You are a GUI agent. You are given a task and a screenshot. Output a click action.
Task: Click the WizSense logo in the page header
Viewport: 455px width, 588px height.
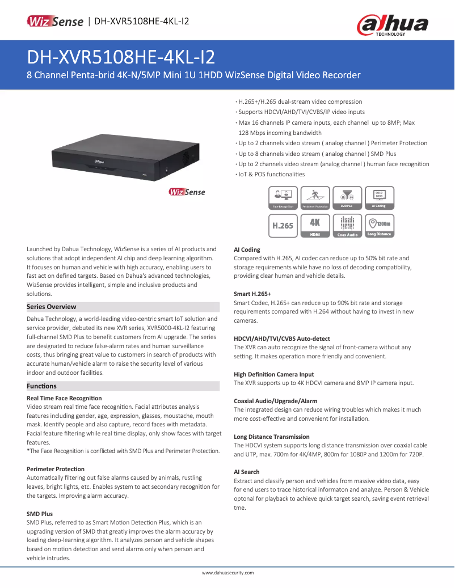[x=55, y=22]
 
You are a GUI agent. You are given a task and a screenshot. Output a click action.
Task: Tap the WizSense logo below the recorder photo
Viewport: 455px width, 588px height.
[x=187, y=192]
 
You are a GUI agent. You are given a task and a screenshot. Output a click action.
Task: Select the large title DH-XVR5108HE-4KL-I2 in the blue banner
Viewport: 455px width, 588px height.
[x=121, y=58]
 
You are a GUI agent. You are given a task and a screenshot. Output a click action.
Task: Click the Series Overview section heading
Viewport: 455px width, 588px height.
[x=52, y=307]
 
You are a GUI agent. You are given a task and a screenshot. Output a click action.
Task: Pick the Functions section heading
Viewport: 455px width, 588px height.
[x=42, y=386]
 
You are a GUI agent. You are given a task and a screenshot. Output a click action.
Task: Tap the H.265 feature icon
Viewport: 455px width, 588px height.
[x=283, y=225]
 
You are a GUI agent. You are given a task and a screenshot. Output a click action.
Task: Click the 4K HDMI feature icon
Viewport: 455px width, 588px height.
[x=315, y=225]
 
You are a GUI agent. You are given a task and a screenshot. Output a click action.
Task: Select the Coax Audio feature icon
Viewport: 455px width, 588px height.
[x=347, y=225]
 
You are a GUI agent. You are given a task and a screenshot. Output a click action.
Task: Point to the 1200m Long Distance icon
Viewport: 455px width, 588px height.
[x=380, y=225]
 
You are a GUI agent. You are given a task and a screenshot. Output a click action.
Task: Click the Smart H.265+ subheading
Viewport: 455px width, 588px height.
[x=252, y=294]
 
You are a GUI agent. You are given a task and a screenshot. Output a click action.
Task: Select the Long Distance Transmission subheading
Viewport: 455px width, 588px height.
[x=272, y=437]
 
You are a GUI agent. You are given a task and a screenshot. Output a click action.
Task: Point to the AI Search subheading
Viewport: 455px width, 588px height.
[x=247, y=472]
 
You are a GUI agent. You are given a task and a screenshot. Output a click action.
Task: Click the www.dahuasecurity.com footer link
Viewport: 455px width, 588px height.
[x=227, y=573]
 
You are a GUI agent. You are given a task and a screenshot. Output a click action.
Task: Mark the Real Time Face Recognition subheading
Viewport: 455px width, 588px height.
[x=64, y=398]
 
